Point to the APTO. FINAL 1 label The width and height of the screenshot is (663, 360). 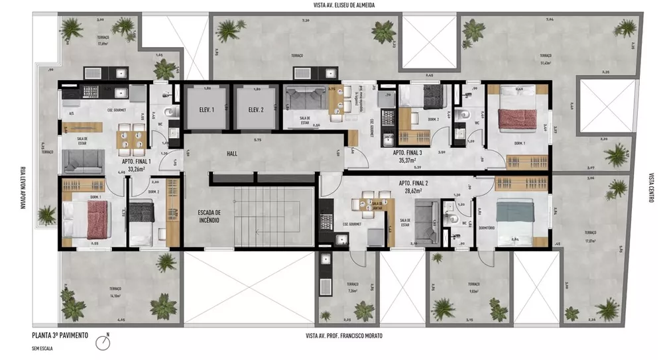[x=137, y=160]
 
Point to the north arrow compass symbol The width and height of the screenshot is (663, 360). [x=103, y=341]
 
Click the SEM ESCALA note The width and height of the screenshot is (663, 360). [x=42, y=347]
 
